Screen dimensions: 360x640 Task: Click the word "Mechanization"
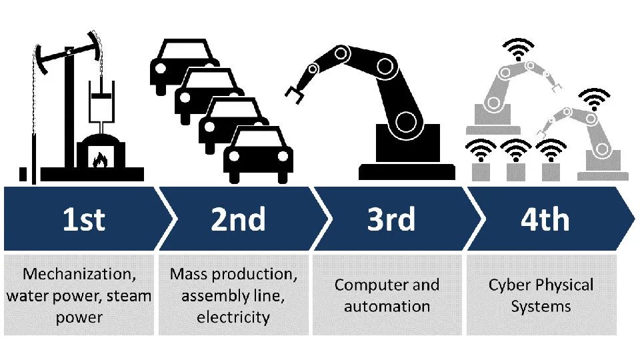[x=69, y=274]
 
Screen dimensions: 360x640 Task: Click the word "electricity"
[x=233, y=317]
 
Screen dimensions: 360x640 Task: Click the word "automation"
[x=388, y=307]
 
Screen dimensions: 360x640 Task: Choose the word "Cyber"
[x=511, y=285]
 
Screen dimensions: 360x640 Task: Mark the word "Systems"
[x=541, y=307]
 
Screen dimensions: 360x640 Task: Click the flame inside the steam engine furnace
[x=101, y=160]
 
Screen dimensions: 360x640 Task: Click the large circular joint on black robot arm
[x=405, y=121]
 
